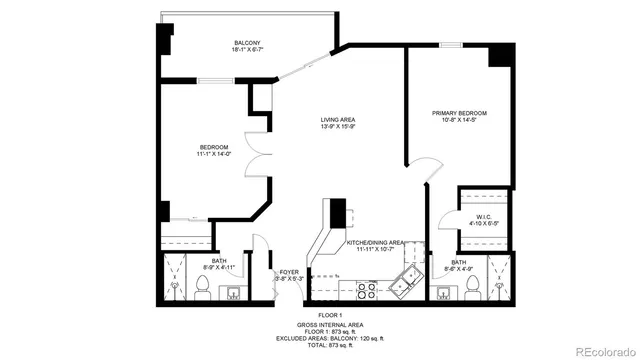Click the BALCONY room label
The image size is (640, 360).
click(x=248, y=42)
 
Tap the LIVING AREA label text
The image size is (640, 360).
click(x=338, y=119)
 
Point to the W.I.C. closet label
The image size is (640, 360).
click(x=482, y=216)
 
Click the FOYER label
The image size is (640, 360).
click(x=289, y=271)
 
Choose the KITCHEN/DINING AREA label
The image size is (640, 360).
click(x=375, y=242)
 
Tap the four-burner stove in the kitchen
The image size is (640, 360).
click(x=365, y=290)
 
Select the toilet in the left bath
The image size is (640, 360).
click(x=202, y=289)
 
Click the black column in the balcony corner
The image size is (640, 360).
click(x=165, y=40)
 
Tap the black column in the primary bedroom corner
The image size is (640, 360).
click(x=498, y=54)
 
